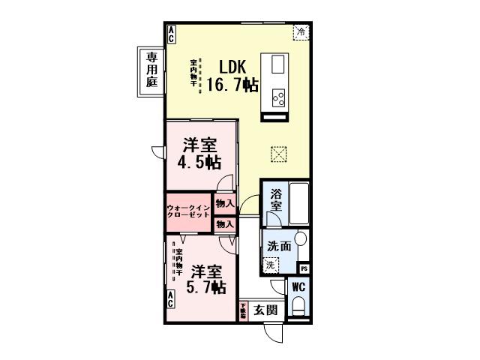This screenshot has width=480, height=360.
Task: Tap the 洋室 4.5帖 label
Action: tap(199, 154)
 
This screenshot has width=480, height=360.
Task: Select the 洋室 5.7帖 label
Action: tap(204, 278)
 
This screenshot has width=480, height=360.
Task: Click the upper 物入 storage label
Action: tap(225, 202)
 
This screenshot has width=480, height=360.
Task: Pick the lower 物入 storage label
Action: tap(225, 223)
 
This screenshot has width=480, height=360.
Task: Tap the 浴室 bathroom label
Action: tap(275, 200)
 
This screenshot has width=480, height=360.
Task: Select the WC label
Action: tap(298, 286)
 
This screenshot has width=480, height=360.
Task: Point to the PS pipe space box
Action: tap(304, 268)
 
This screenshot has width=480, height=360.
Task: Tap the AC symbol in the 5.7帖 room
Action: tap(171, 301)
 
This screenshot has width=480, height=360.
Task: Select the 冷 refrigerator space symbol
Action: tap(300, 31)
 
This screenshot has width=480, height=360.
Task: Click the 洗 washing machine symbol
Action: tap(269, 264)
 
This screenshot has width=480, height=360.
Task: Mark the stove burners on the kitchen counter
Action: tap(279, 97)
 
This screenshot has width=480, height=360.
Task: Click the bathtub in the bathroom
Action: tap(299, 202)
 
